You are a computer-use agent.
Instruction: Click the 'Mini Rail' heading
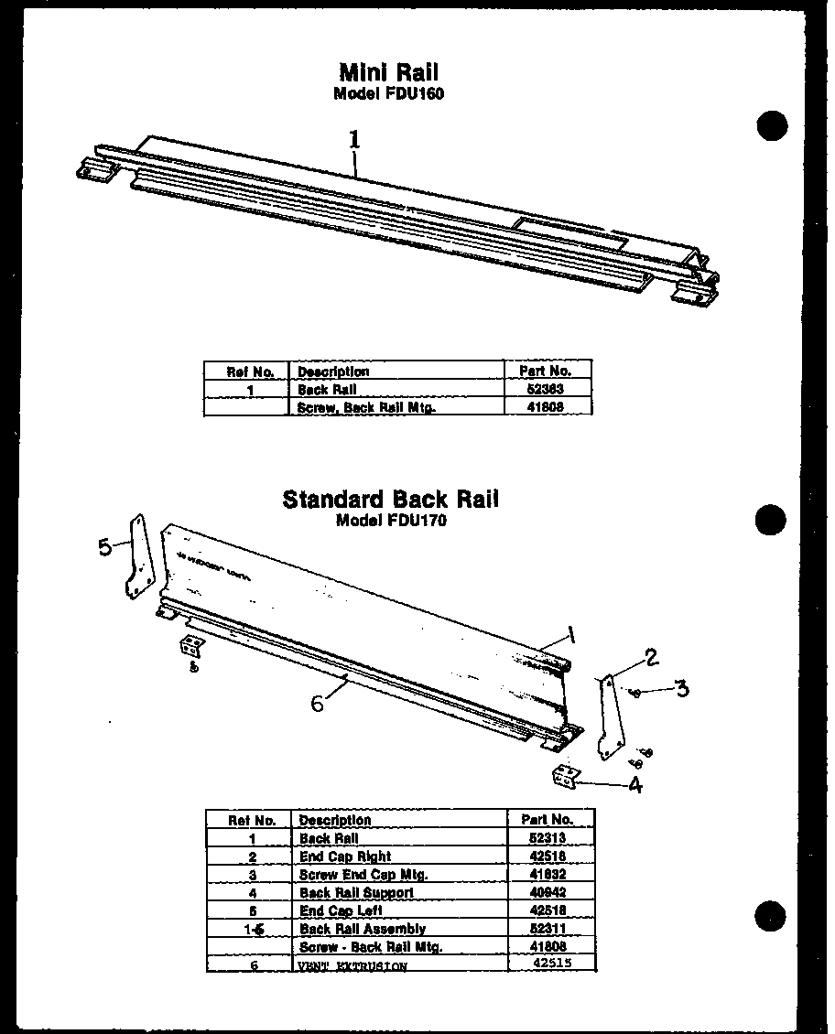point(388,71)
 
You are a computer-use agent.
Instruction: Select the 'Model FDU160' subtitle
point(388,93)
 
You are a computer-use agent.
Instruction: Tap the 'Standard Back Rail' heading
point(390,500)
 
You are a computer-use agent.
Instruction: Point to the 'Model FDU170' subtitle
point(390,521)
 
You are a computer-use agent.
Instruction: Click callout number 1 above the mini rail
point(353,139)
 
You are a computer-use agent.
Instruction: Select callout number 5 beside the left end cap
point(105,547)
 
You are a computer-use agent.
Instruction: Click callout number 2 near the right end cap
point(651,657)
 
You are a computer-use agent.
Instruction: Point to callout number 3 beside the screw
point(681,688)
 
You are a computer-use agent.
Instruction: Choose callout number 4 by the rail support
point(634,785)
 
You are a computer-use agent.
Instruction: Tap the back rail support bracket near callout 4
point(566,776)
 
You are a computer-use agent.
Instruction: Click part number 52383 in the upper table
point(547,389)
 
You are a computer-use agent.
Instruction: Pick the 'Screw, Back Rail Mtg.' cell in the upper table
point(366,407)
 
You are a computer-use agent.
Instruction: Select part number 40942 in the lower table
point(548,892)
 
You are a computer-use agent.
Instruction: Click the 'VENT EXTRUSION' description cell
point(352,965)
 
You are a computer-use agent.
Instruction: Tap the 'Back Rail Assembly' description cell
point(362,929)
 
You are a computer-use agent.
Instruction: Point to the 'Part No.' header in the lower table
point(548,820)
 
